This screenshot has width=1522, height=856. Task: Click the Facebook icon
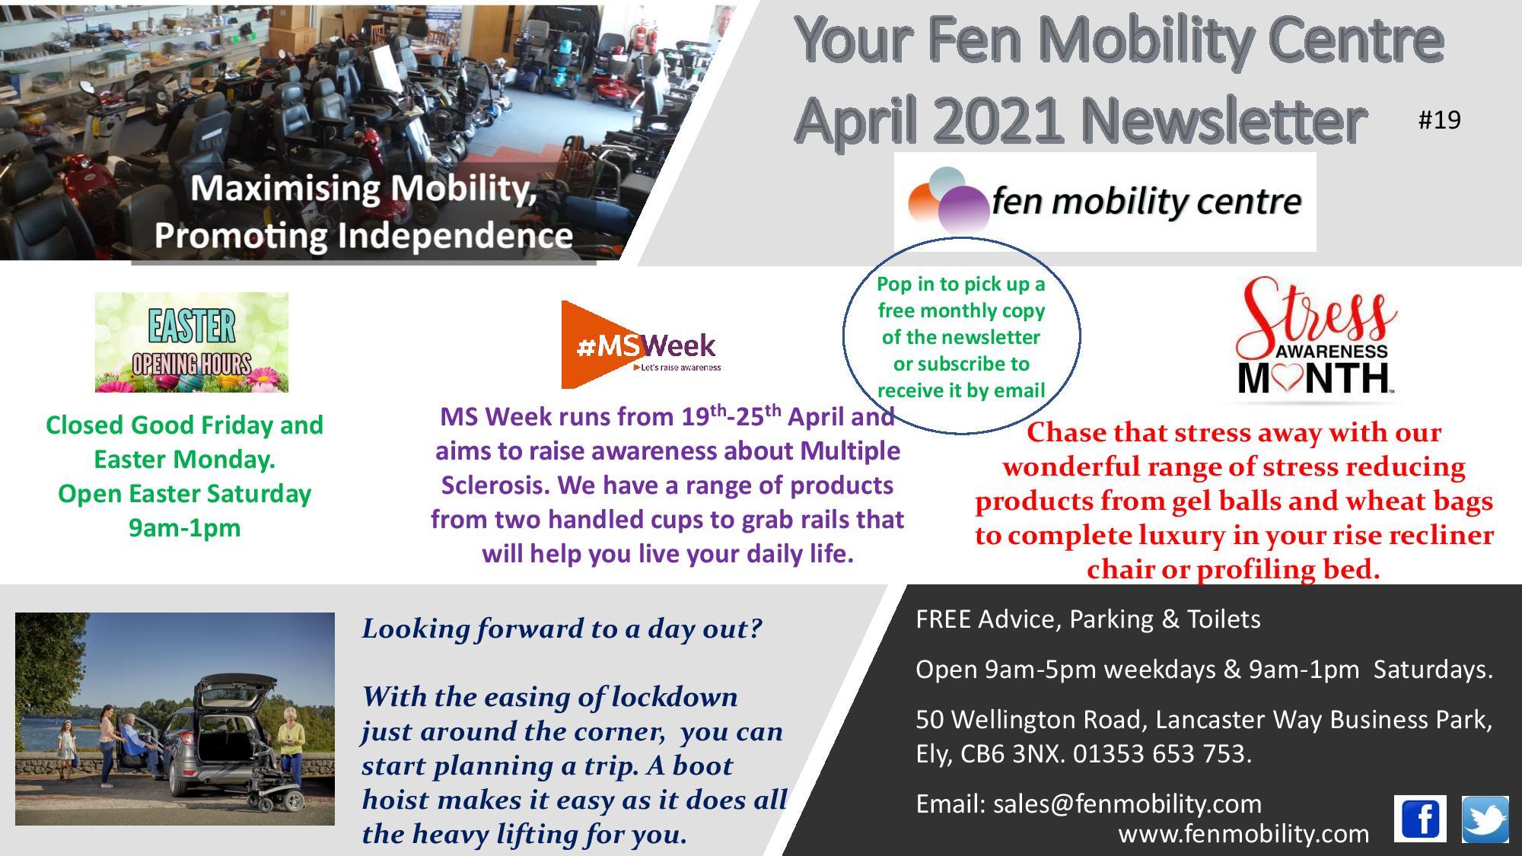pos(1420,819)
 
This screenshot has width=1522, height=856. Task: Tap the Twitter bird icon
pos(1485,819)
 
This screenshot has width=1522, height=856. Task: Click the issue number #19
pos(1440,119)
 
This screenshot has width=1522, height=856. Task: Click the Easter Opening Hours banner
pos(192,342)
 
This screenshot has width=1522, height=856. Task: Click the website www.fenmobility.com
pos(1243,834)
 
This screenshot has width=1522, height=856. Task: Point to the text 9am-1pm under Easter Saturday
pos(185,527)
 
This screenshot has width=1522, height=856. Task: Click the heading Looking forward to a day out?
pos(562,628)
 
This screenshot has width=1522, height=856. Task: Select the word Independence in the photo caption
pos(454,235)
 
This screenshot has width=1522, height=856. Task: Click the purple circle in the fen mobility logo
pos(963,207)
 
